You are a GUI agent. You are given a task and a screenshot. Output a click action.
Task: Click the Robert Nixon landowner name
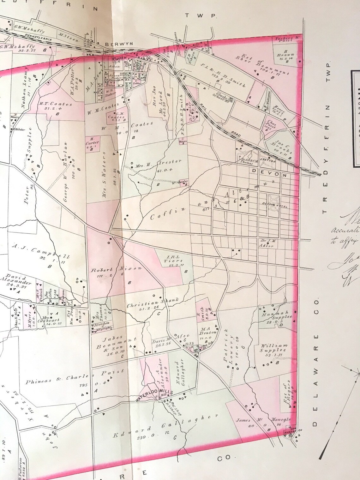tap(116, 270)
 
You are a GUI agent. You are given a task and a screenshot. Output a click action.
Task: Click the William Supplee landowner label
tap(274, 348)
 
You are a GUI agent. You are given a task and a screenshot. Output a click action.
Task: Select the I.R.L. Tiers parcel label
tap(173, 260)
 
